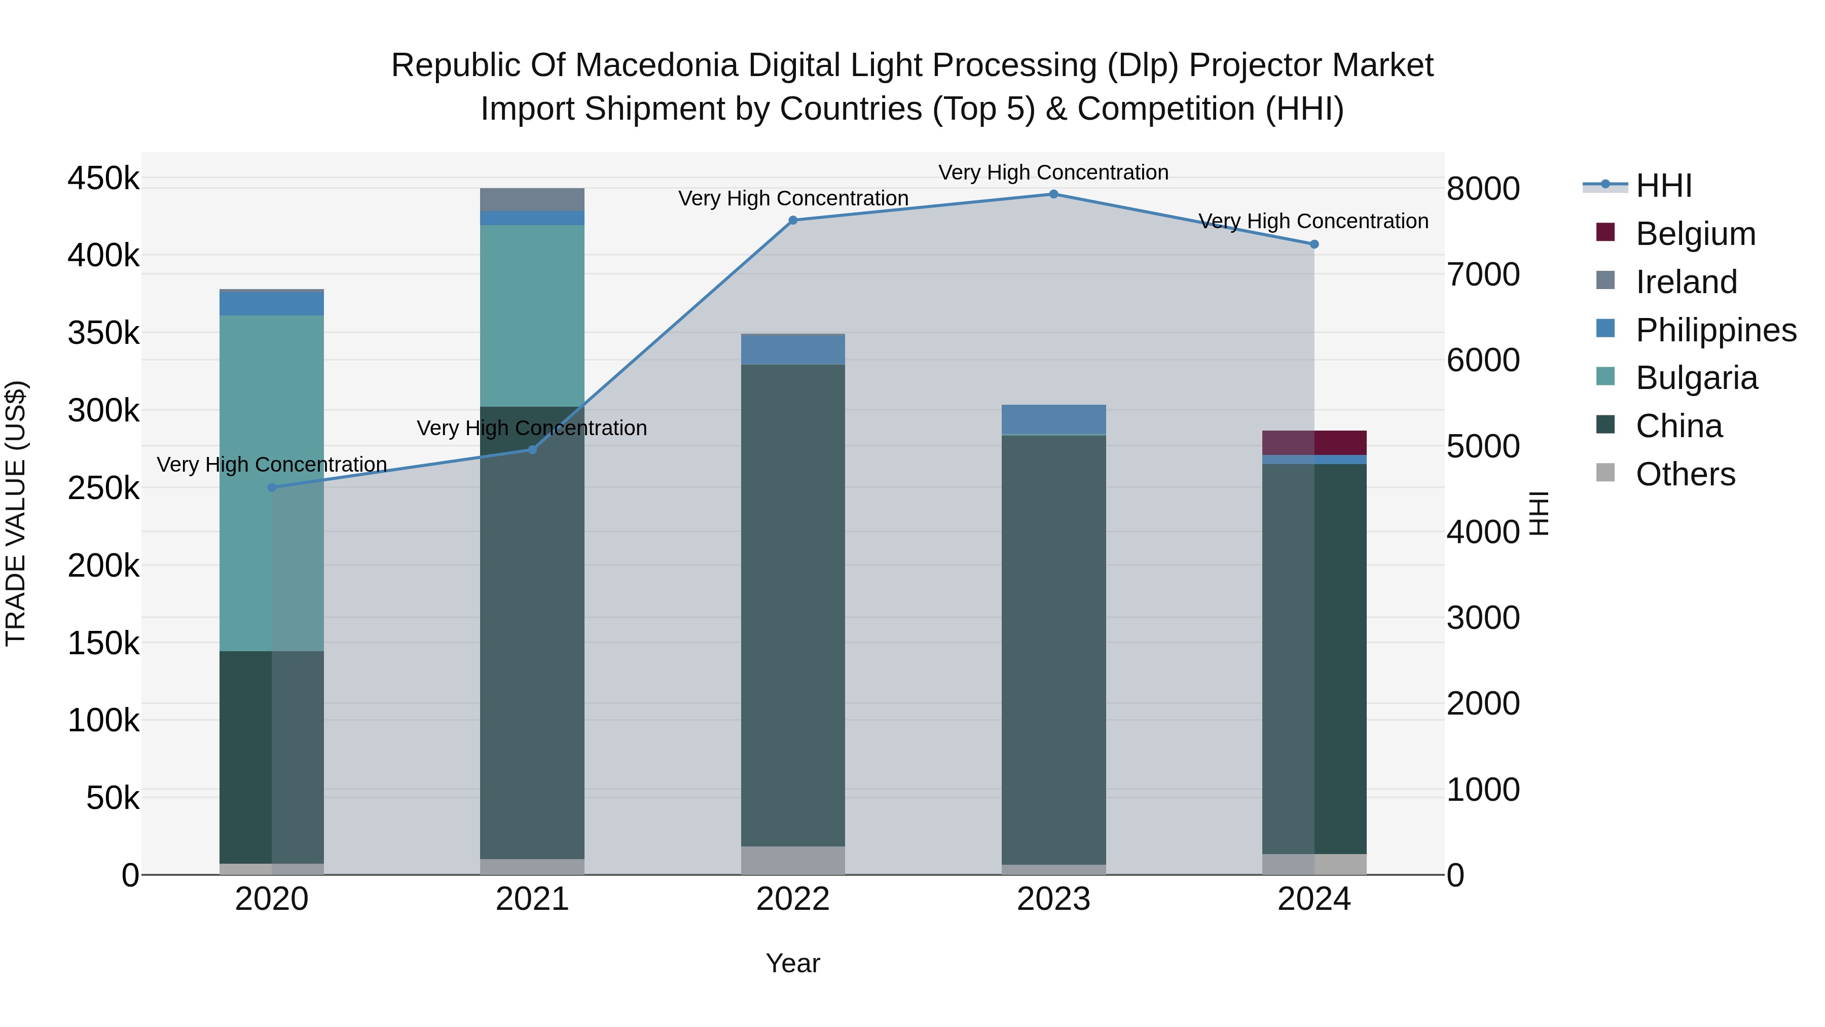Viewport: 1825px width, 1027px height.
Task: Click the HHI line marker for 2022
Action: [793, 221]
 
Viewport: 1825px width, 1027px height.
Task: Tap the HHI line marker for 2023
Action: [1053, 194]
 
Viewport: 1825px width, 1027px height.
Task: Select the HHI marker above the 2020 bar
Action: [272, 487]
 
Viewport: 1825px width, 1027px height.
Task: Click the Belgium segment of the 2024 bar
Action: [1314, 442]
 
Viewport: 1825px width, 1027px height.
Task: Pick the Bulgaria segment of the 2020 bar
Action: [272, 482]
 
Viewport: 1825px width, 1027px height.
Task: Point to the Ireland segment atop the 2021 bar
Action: [532, 199]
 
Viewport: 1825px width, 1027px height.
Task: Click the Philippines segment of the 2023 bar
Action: [1053, 419]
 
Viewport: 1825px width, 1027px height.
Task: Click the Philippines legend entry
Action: [1715, 330]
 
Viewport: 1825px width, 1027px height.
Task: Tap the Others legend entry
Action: [1685, 474]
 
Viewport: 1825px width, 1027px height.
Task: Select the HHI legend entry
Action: [1663, 186]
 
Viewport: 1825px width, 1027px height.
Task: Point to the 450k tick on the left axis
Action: [103, 178]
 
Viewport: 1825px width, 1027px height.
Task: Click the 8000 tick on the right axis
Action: [1483, 189]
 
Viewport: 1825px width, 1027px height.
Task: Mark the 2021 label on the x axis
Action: [532, 899]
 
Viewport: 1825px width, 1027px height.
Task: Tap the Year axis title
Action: [793, 963]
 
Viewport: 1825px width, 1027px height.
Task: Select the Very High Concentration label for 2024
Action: [1313, 221]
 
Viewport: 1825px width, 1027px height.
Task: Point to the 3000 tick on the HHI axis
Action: [1483, 618]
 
